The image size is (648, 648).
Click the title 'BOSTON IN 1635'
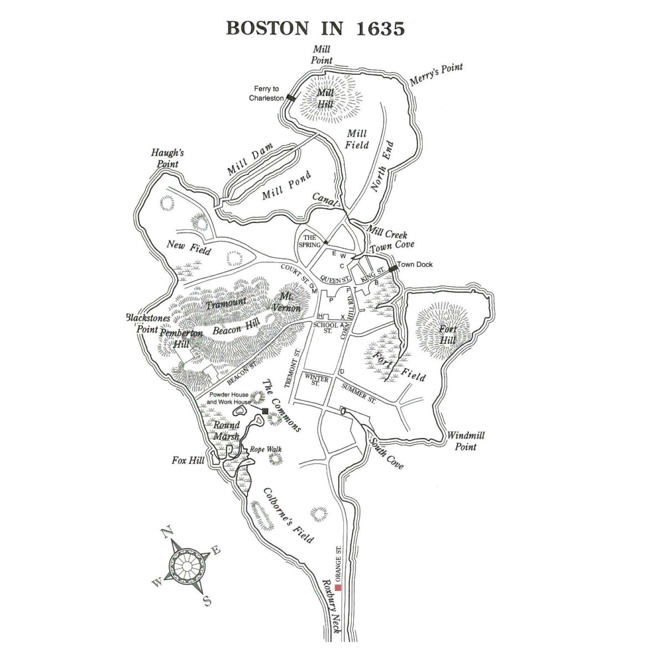click(x=315, y=28)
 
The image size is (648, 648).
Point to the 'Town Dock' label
click(x=415, y=265)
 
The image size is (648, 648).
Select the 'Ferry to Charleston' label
click(x=266, y=93)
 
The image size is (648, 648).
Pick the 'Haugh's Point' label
click(x=167, y=158)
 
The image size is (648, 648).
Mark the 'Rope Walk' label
click(x=264, y=449)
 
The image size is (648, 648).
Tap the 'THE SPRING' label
click(x=309, y=241)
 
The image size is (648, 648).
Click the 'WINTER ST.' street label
click(x=316, y=382)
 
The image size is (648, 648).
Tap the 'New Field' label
click(x=189, y=247)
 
